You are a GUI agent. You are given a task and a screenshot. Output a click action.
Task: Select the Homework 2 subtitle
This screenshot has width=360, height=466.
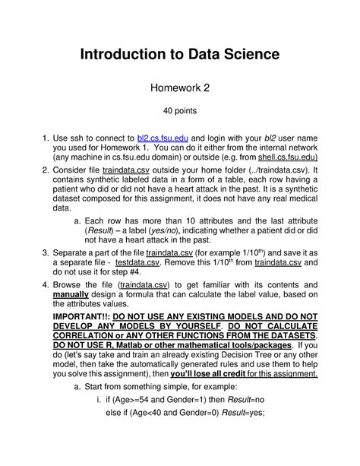[179, 89]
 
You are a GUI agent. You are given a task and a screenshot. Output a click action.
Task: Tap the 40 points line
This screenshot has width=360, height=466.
[179, 116]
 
